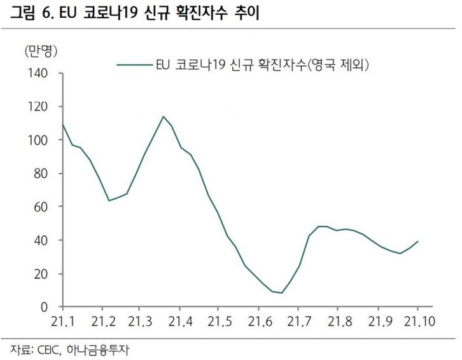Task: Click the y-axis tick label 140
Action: click(39, 73)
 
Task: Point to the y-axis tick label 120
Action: click(39, 106)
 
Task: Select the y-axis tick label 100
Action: click(39, 140)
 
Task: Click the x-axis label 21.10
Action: click(417, 319)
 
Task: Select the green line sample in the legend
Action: click(134, 64)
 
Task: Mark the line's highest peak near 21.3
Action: click(164, 116)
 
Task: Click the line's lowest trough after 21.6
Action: click(281, 293)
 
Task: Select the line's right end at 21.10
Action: click(417, 241)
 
